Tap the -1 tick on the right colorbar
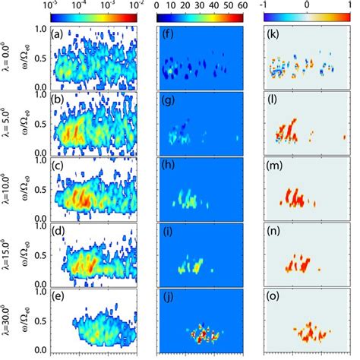click(272, 5)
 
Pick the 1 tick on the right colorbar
click(350, 5)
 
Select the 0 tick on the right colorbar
click(311, 5)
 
